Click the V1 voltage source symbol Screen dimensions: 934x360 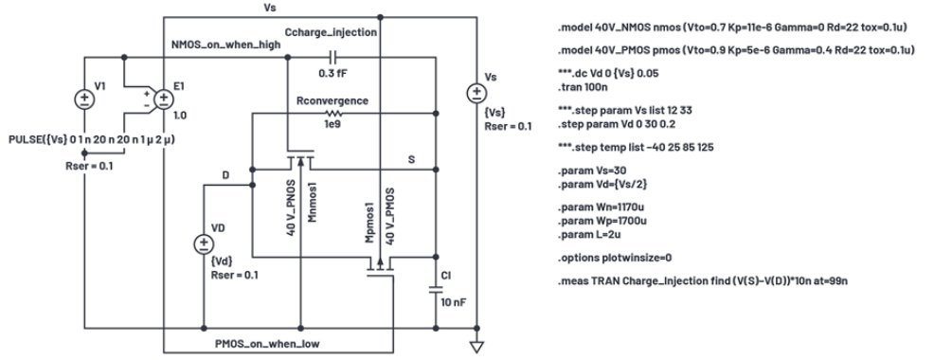[84, 99]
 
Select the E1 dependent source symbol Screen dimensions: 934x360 [164, 99]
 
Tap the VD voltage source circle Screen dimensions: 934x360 [204, 243]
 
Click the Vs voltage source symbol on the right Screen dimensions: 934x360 [476, 93]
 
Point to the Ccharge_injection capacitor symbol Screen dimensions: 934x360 [332, 57]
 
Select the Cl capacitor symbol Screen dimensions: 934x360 [436, 290]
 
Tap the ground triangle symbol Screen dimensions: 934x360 [476, 347]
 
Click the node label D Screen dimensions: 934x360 [225, 174]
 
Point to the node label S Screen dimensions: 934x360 [411, 160]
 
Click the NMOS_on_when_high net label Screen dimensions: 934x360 [225, 45]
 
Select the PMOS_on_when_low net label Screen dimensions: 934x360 [267, 344]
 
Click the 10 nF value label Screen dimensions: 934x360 [454, 302]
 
